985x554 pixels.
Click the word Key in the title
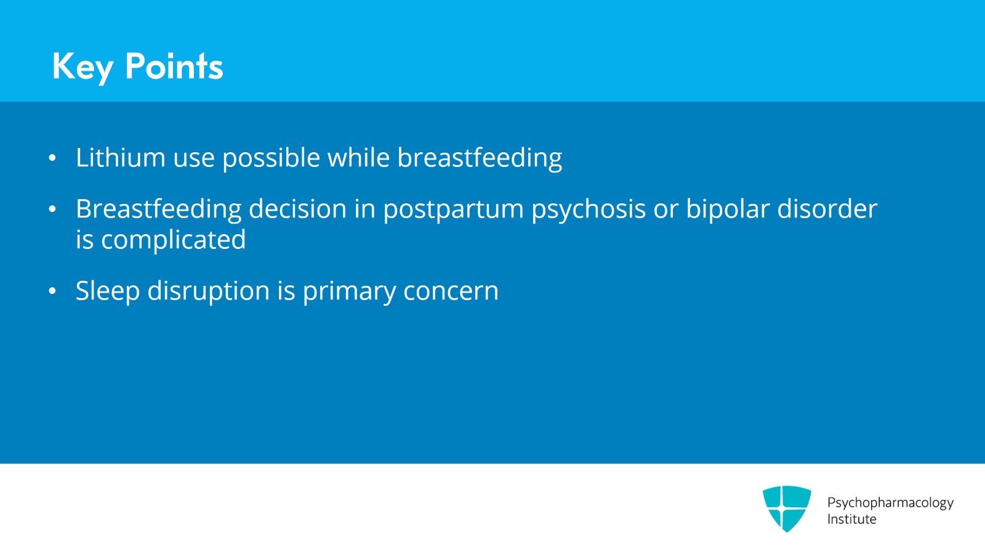pyautogui.click(x=82, y=67)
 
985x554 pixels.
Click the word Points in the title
pyautogui.click(x=174, y=67)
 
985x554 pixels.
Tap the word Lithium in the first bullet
pyautogui.click(x=120, y=158)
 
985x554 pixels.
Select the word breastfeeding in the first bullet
pyautogui.click(x=480, y=158)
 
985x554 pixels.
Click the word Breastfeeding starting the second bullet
pyautogui.click(x=158, y=209)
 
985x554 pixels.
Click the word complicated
pyautogui.click(x=173, y=240)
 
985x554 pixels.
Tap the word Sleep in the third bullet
pyautogui.click(x=107, y=291)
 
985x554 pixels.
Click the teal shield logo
pyautogui.click(x=787, y=508)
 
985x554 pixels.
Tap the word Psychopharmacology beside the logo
pyautogui.click(x=890, y=503)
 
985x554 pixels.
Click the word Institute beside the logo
pyautogui.click(x=851, y=519)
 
